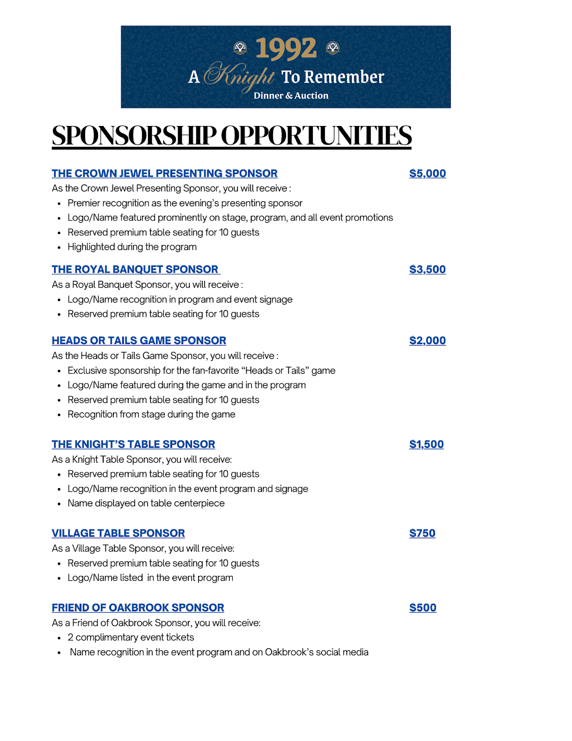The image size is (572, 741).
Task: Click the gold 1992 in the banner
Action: click(286, 49)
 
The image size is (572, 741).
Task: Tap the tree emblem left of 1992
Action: click(240, 48)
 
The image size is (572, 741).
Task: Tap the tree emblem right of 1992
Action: click(333, 48)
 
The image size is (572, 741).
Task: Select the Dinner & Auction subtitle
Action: click(291, 96)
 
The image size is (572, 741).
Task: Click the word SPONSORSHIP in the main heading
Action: click(134, 136)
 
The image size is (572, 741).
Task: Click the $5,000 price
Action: click(427, 174)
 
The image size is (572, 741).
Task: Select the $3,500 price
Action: click(427, 270)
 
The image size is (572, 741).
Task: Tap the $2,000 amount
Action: click(427, 341)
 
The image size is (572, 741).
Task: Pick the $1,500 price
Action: click(426, 445)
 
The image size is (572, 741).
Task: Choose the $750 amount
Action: click(422, 534)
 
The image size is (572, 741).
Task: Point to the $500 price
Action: click(423, 608)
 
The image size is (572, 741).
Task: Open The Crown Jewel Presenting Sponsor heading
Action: click(164, 174)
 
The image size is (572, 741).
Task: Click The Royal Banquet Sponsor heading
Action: click(135, 270)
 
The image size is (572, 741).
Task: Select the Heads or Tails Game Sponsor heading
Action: click(139, 341)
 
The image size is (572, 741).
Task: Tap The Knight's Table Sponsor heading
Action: click(133, 445)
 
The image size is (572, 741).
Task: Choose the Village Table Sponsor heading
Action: click(118, 534)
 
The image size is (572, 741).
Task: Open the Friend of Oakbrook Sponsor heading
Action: click(138, 608)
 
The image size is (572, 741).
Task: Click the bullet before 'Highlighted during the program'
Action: click(59, 248)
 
